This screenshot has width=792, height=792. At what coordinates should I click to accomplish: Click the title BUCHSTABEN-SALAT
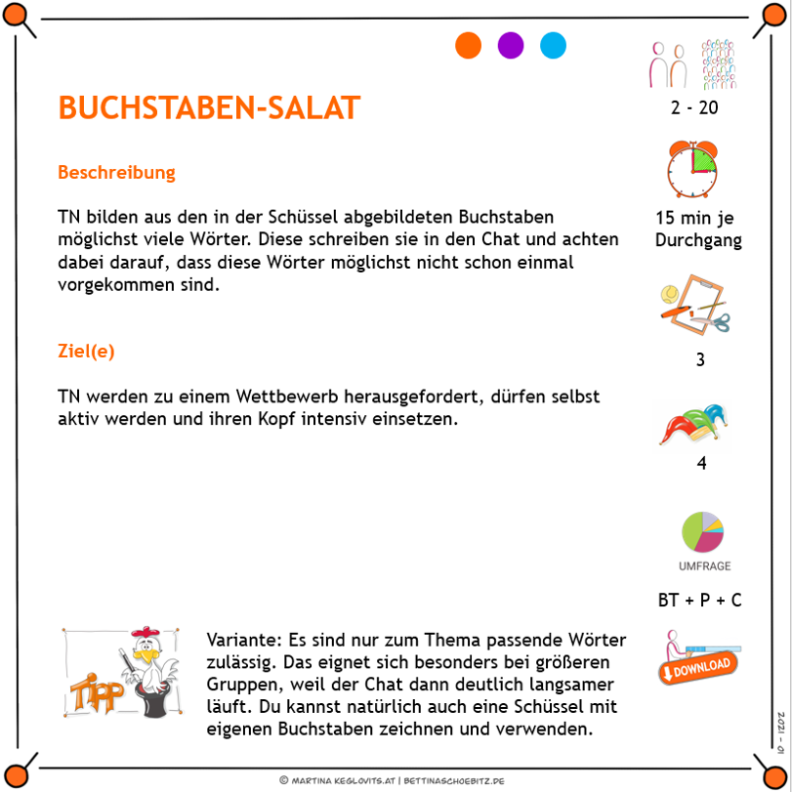[209, 107]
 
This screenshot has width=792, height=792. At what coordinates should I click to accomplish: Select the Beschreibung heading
[116, 173]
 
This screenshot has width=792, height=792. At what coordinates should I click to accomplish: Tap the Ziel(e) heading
[86, 352]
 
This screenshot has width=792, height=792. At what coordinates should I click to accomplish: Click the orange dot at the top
[469, 46]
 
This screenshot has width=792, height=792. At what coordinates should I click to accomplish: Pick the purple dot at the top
[511, 46]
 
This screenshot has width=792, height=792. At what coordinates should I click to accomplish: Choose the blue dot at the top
[554, 46]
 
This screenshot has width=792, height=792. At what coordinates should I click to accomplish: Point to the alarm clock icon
[692, 169]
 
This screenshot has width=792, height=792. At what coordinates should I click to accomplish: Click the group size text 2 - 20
[694, 107]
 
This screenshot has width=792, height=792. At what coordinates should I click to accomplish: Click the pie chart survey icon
[702, 531]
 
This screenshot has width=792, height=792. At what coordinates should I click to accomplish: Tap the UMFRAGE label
[704, 566]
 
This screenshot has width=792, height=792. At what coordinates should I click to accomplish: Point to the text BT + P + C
[699, 600]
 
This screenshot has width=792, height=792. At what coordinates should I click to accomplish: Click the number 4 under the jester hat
[701, 463]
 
